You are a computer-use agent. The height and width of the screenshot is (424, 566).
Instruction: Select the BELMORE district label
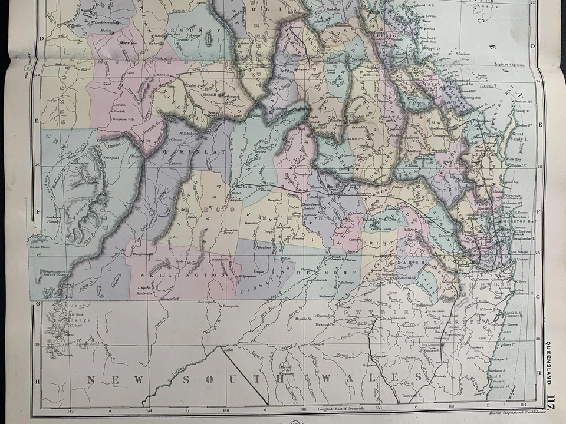pos(319,273)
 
